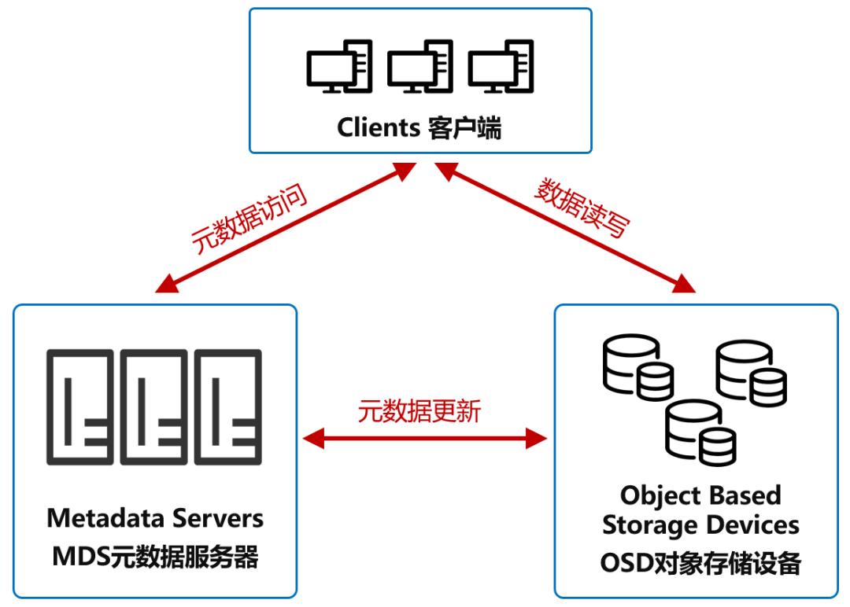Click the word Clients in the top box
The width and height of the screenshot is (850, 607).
[381, 128]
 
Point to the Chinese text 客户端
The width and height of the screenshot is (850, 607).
[465, 128]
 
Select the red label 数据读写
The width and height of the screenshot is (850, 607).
[582, 208]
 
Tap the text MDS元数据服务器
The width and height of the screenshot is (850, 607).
[155, 557]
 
